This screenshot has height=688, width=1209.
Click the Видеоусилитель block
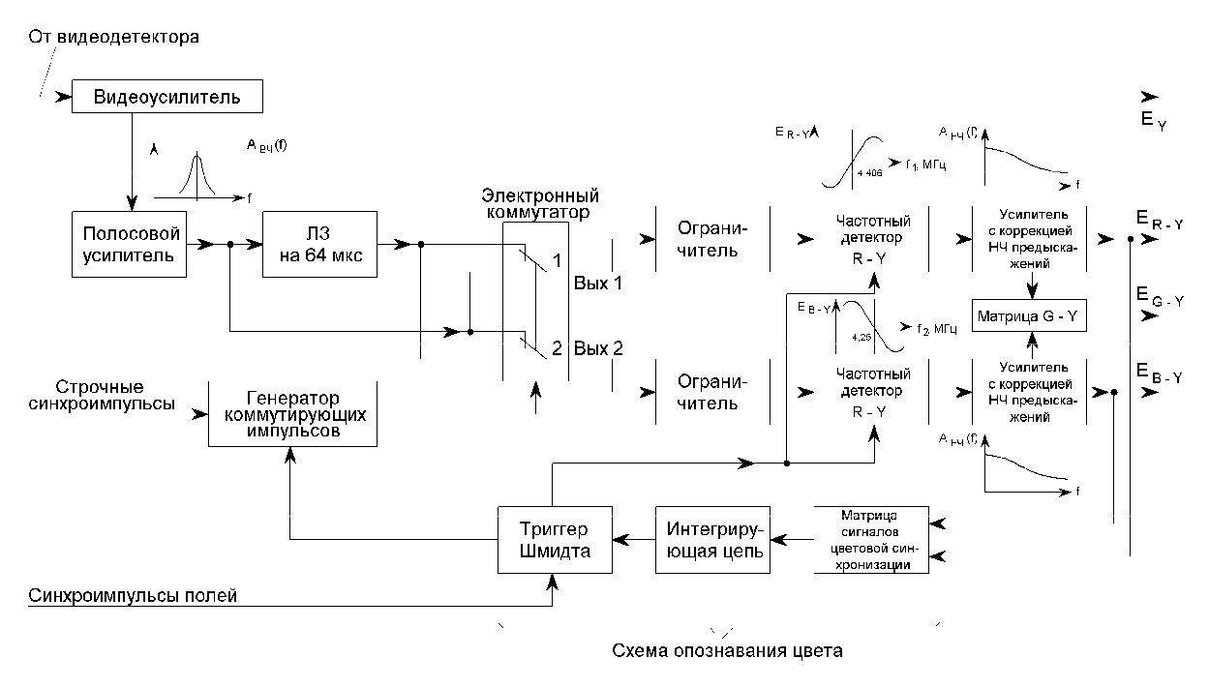point(167,97)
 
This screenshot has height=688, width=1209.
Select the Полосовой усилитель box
point(130,245)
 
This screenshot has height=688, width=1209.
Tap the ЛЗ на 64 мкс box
point(319,245)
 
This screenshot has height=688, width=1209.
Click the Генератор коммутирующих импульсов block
point(292,414)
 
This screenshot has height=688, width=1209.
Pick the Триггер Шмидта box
point(554,539)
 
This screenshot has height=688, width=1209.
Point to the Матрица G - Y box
point(1033,316)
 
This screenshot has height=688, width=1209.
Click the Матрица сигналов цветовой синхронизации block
point(871,539)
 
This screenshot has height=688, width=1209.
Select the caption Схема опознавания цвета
point(727,650)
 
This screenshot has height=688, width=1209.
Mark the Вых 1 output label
point(598,284)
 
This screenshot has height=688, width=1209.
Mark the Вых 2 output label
point(598,348)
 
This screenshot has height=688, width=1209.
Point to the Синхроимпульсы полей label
point(134,596)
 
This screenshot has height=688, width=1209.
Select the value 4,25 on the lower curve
point(860,337)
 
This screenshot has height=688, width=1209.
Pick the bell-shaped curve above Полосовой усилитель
point(197,173)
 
